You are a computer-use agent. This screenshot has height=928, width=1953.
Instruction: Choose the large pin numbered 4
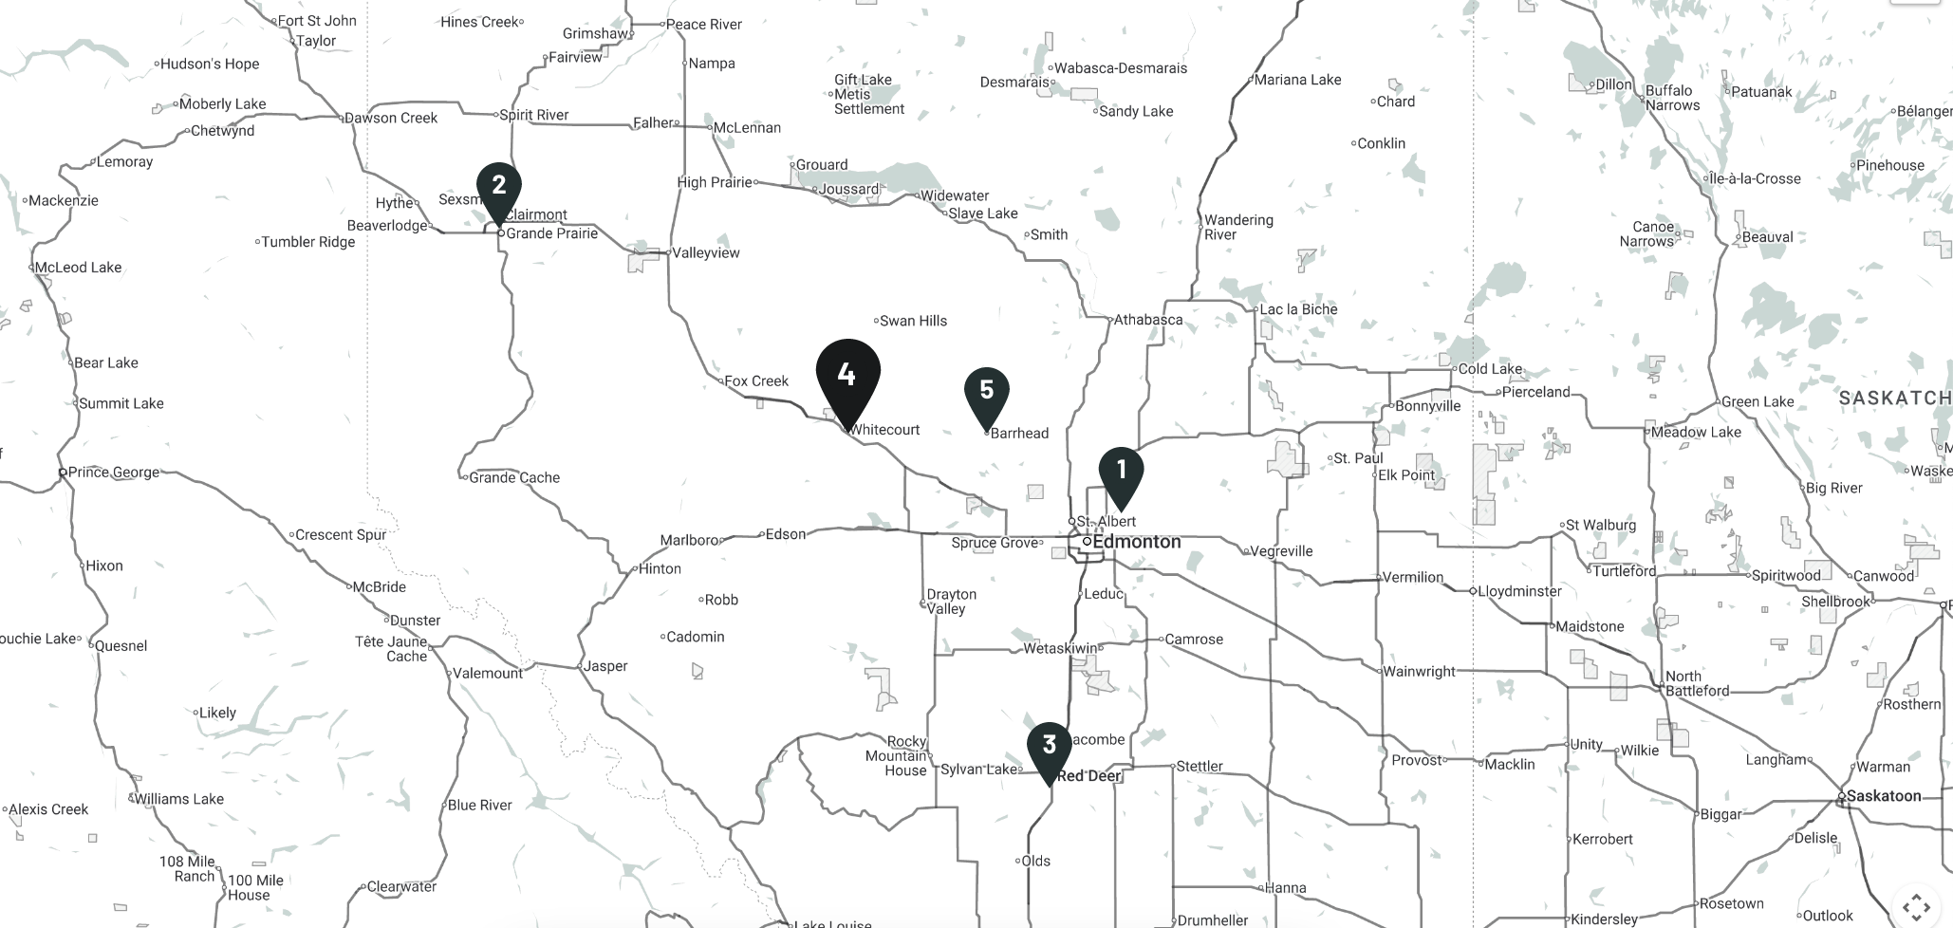(x=847, y=377)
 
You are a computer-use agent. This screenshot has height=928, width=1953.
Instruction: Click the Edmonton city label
(x=1136, y=542)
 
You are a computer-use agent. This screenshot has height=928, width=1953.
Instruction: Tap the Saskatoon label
(x=1883, y=796)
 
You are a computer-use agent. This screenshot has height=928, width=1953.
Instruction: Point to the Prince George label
(x=113, y=472)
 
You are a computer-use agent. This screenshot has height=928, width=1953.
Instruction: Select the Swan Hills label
(x=913, y=321)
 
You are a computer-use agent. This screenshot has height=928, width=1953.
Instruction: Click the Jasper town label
(x=605, y=666)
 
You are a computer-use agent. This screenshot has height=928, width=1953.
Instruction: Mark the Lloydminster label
(x=1518, y=591)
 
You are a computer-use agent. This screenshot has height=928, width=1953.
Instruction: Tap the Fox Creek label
(x=756, y=381)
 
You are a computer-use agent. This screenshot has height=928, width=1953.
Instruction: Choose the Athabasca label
(x=1147, y=320)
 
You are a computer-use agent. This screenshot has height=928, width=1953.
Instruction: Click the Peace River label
(x=703, y=25)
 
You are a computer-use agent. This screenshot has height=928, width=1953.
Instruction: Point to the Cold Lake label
(x=1490, y=369)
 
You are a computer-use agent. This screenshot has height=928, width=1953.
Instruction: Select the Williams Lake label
(x=178, y=799)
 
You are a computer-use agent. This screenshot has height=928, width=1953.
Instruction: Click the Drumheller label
(x=1213, y=919)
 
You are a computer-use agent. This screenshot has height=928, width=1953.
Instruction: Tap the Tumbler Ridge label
(x=307, y=242)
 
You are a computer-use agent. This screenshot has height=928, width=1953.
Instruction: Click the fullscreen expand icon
(x=1916, y=905)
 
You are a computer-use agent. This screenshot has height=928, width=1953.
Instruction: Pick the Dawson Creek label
(x=390, y=119)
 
